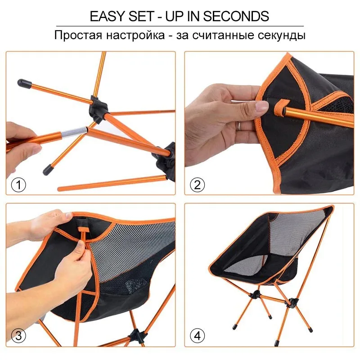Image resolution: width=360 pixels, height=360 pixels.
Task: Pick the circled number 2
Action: [x=197, y=184]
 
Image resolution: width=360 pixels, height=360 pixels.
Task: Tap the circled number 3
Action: [x=18, y=335]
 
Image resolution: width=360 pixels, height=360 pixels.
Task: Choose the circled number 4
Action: [x=197, y=335]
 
